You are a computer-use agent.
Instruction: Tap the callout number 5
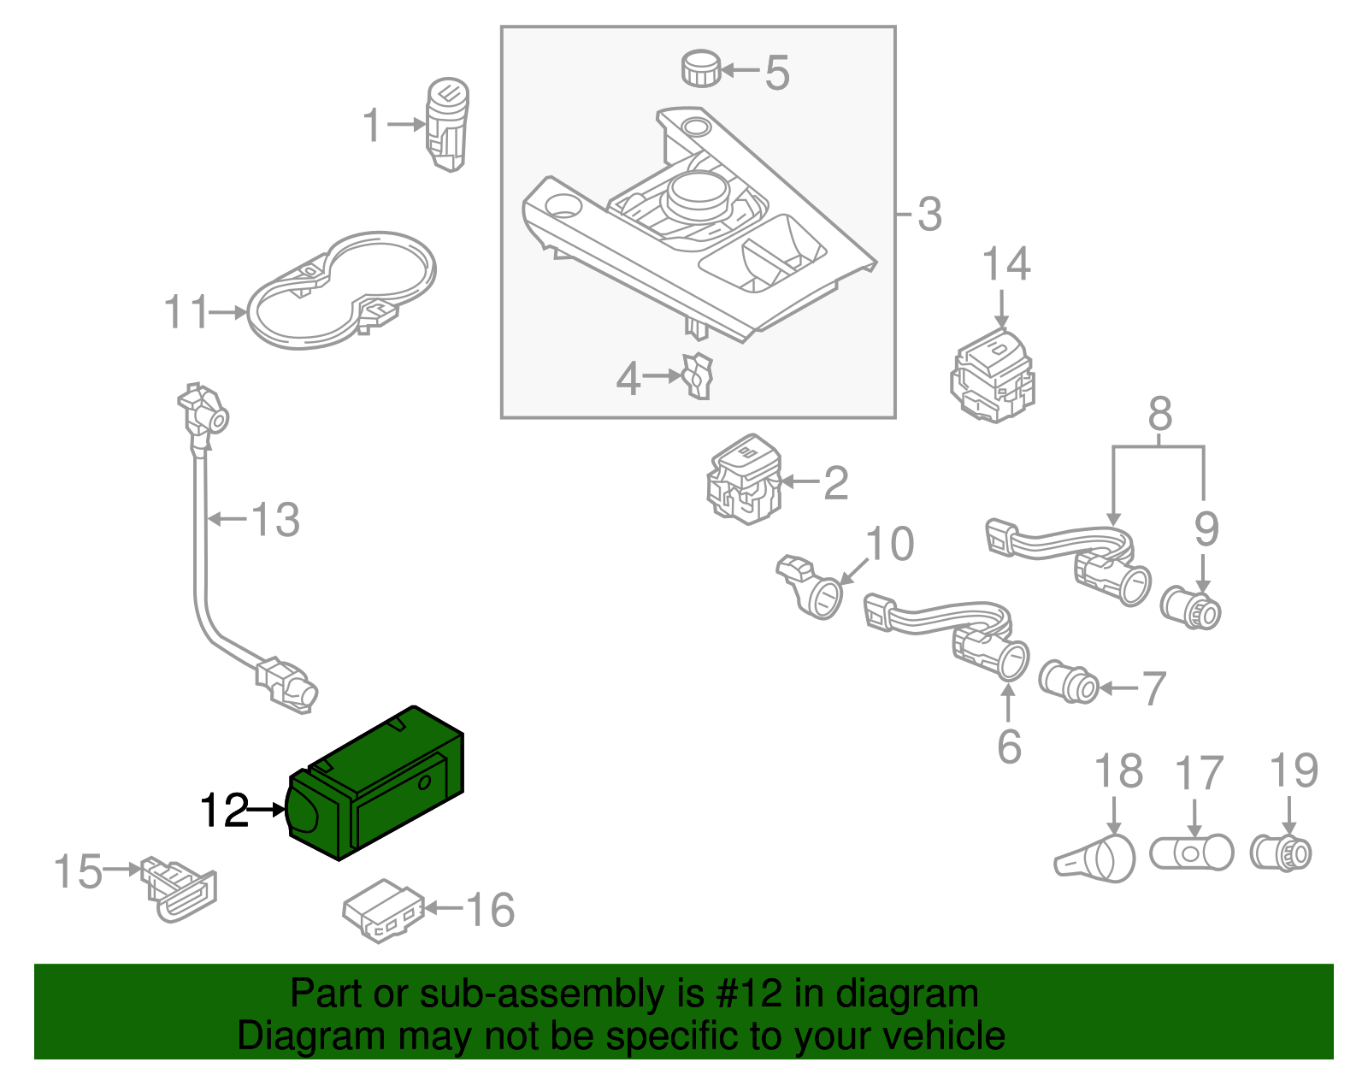click(x=776, y=73)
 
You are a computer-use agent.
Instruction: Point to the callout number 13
click(x=275, y=520)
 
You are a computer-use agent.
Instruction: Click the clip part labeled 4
click(x=699, y=376)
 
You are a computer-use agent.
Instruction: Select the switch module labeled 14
click(x=993, y=375)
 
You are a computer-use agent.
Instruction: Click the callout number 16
click(x=491, y=910)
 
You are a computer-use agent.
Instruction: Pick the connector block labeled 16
click(x=382, y=911)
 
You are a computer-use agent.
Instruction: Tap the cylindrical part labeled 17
click(x=1191, y=853)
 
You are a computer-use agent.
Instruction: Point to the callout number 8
click(x=1159, y=415)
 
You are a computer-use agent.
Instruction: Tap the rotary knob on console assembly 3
click(x=699, y=193)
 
